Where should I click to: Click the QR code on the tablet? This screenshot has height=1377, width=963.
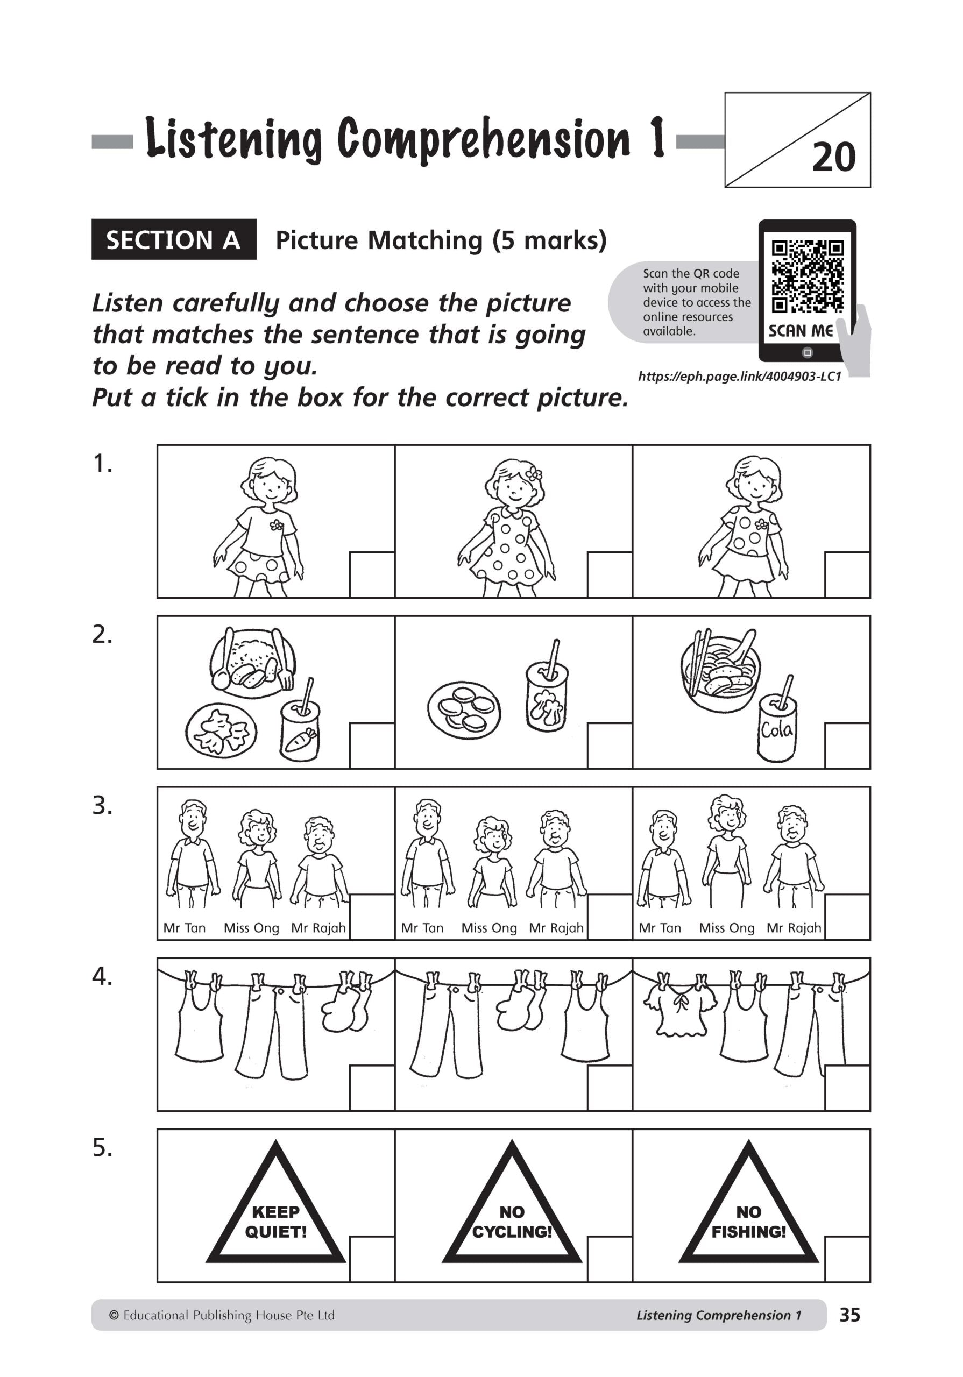[x=807, y=276]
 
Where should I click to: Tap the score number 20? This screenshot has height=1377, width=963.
[x=833, y=158]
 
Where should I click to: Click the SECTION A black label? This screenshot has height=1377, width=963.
[x=173, y=240]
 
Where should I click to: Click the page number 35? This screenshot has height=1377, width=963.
[x=849, y=1315]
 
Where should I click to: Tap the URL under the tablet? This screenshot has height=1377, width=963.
[x=740, y=377]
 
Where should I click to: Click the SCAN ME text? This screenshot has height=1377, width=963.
[x=801, y=331]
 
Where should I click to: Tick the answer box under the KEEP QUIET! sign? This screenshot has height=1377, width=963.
[x=371, y=1258]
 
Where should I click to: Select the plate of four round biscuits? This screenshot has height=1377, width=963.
[x=464, y=710]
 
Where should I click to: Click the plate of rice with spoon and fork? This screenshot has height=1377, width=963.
[x=253, y=663]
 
